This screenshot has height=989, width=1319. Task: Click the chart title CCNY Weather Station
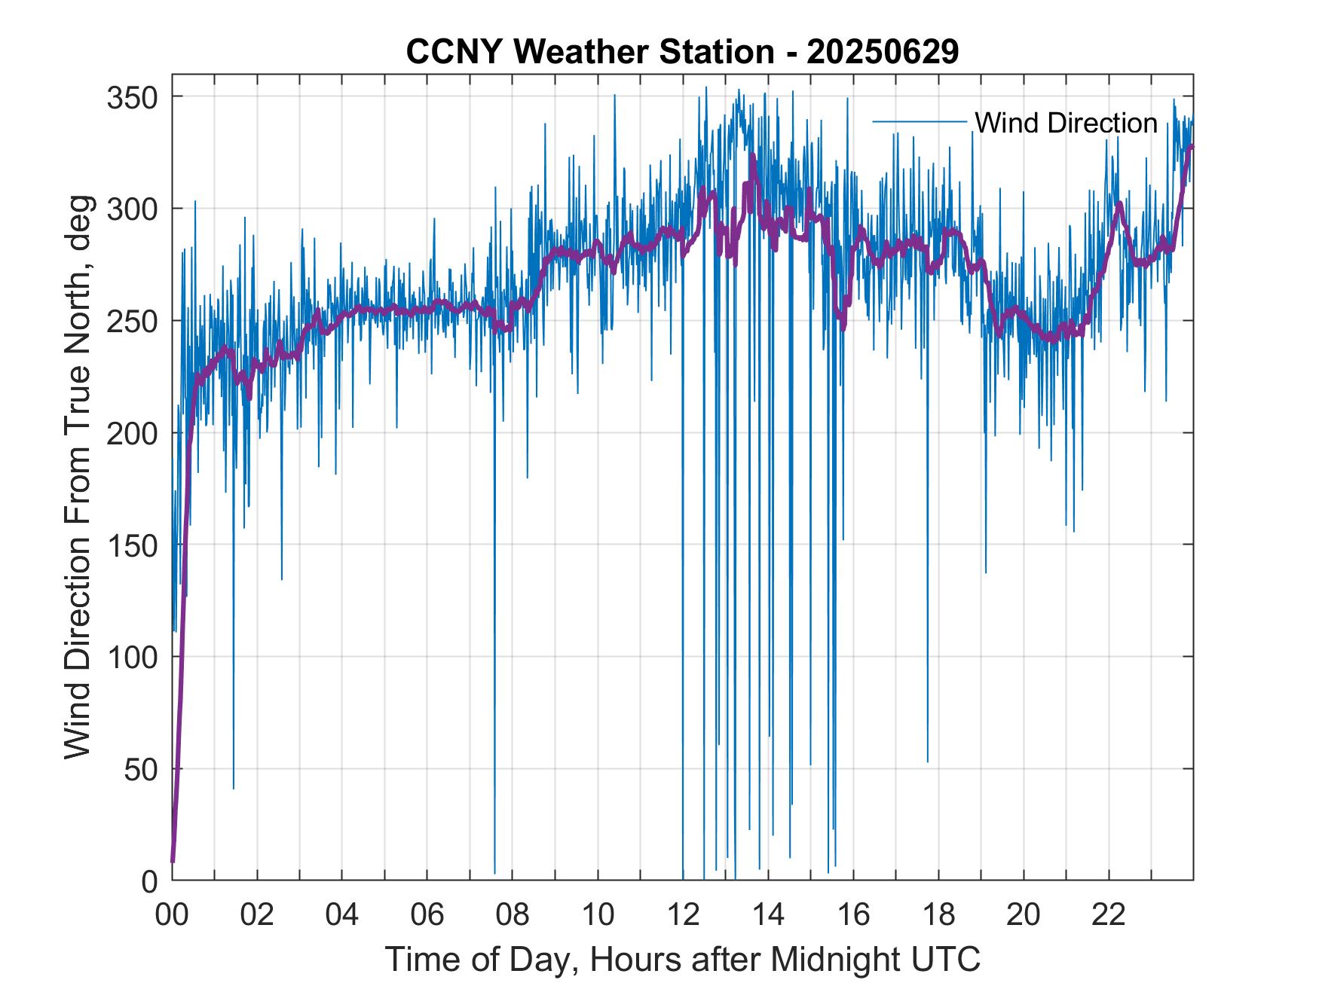(682, 52)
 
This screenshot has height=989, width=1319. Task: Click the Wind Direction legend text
(1066, 123)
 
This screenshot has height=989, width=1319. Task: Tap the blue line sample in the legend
(919, 121)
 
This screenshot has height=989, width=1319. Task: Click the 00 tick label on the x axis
(172, 914)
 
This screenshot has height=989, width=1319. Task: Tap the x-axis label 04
(342, 914)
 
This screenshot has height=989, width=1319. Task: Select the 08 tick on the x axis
(513, 914)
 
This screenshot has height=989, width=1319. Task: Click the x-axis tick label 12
(683, 914)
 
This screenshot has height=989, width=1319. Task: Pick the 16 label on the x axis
(853, 914)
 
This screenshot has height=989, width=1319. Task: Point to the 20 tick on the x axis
(1024, 914)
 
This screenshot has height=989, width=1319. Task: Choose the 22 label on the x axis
(1109, 914)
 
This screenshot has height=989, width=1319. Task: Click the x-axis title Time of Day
(682, 959)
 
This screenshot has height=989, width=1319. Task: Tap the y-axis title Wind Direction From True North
(77, 476)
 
